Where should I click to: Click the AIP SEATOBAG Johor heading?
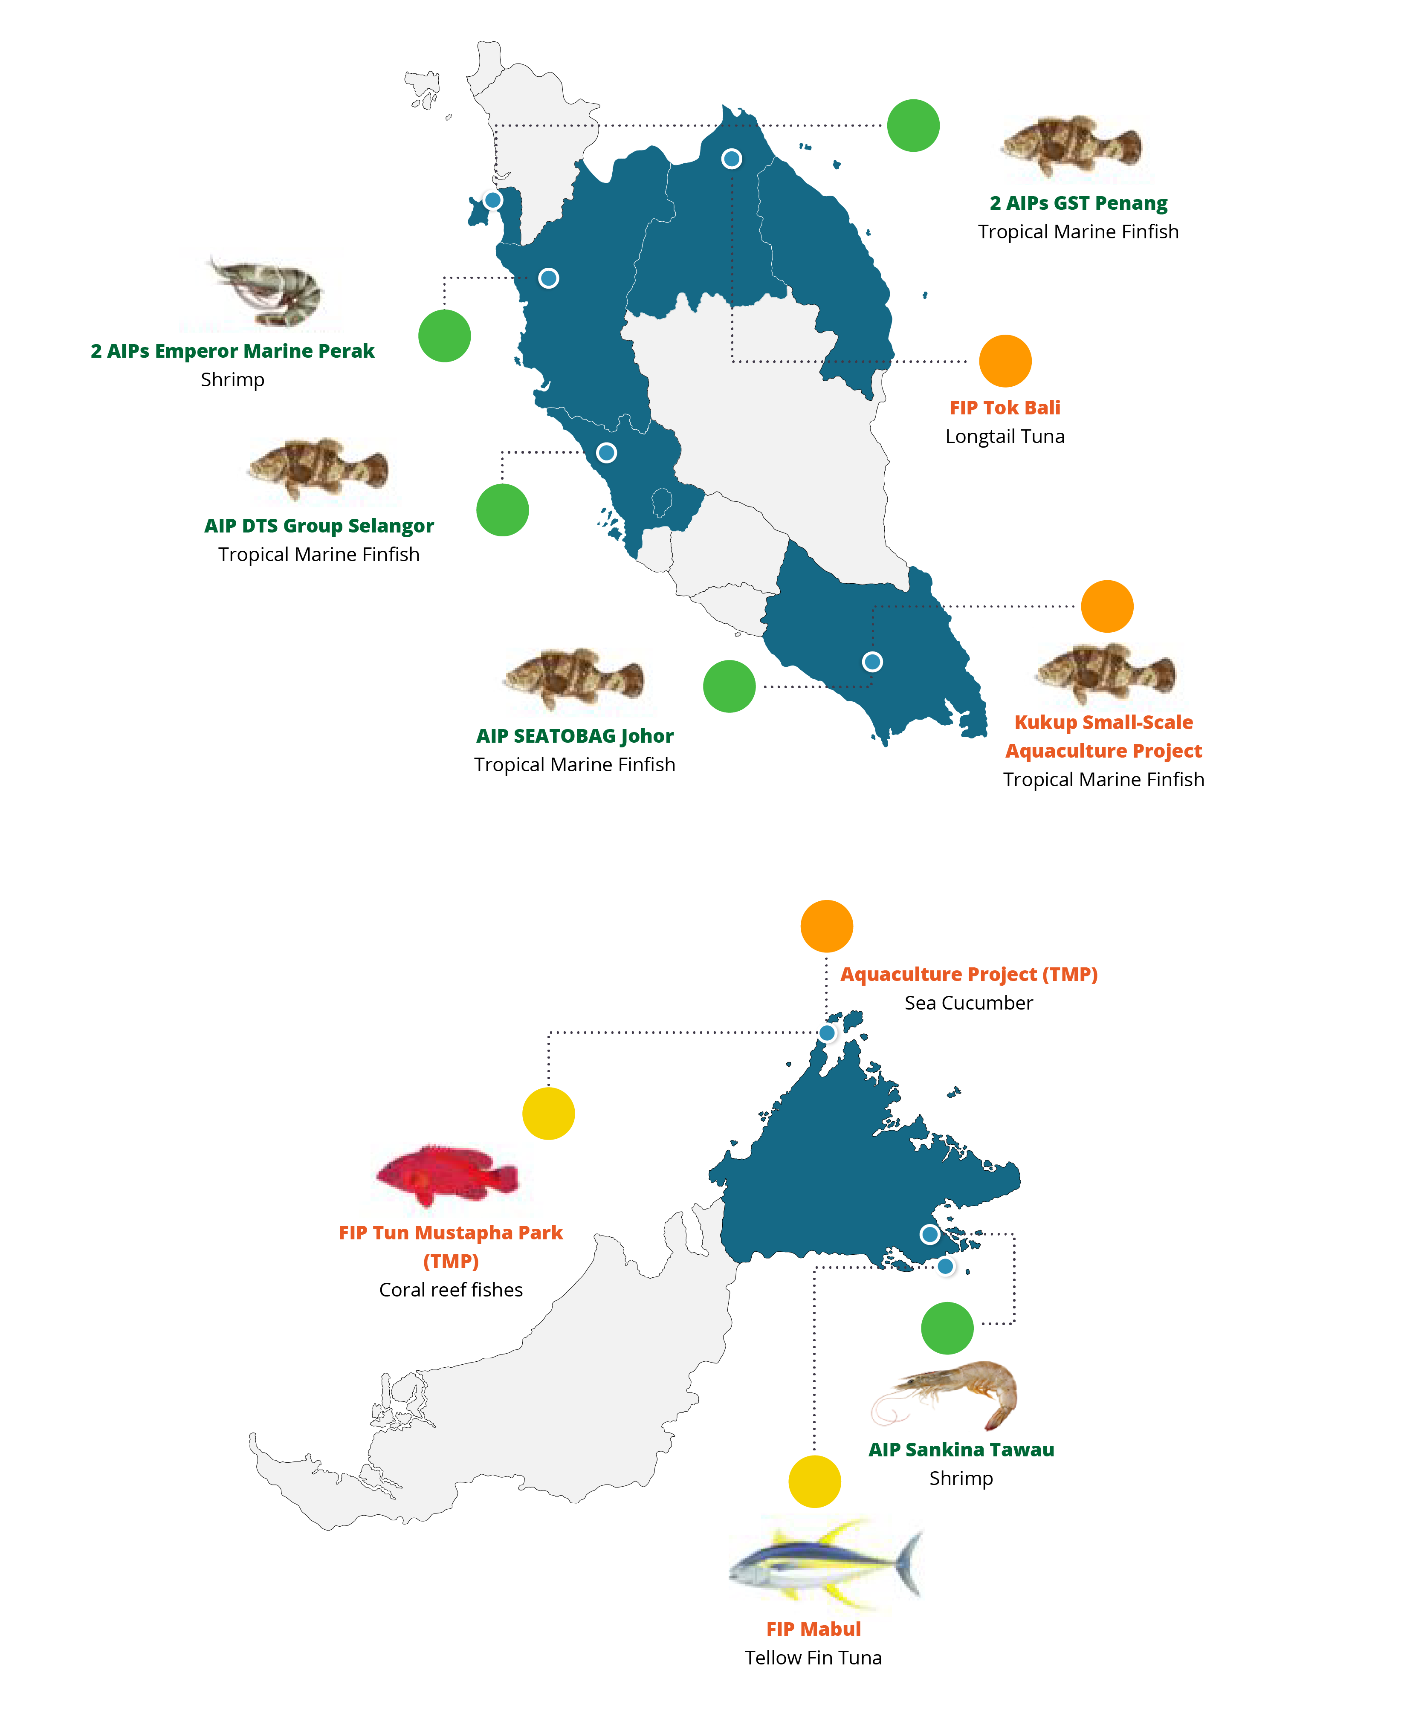click(x=575, y=736)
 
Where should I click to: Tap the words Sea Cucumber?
click(x=969, y=1003)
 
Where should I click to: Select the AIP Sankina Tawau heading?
click(x=961, y=1449)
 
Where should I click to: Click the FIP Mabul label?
click(x=814, y=1629)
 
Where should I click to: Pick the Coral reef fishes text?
click(x=451, y=1289)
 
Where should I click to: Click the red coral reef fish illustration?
click(x=446, y=1175)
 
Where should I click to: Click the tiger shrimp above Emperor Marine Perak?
click(x=267, y=292)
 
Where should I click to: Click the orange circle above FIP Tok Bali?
click(x=1005, y=361)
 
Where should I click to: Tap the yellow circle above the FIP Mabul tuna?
click(x=814, y=1482)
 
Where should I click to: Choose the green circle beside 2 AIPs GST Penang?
click(x=913, y=126)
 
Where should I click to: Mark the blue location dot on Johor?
click(x=872, y=661)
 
